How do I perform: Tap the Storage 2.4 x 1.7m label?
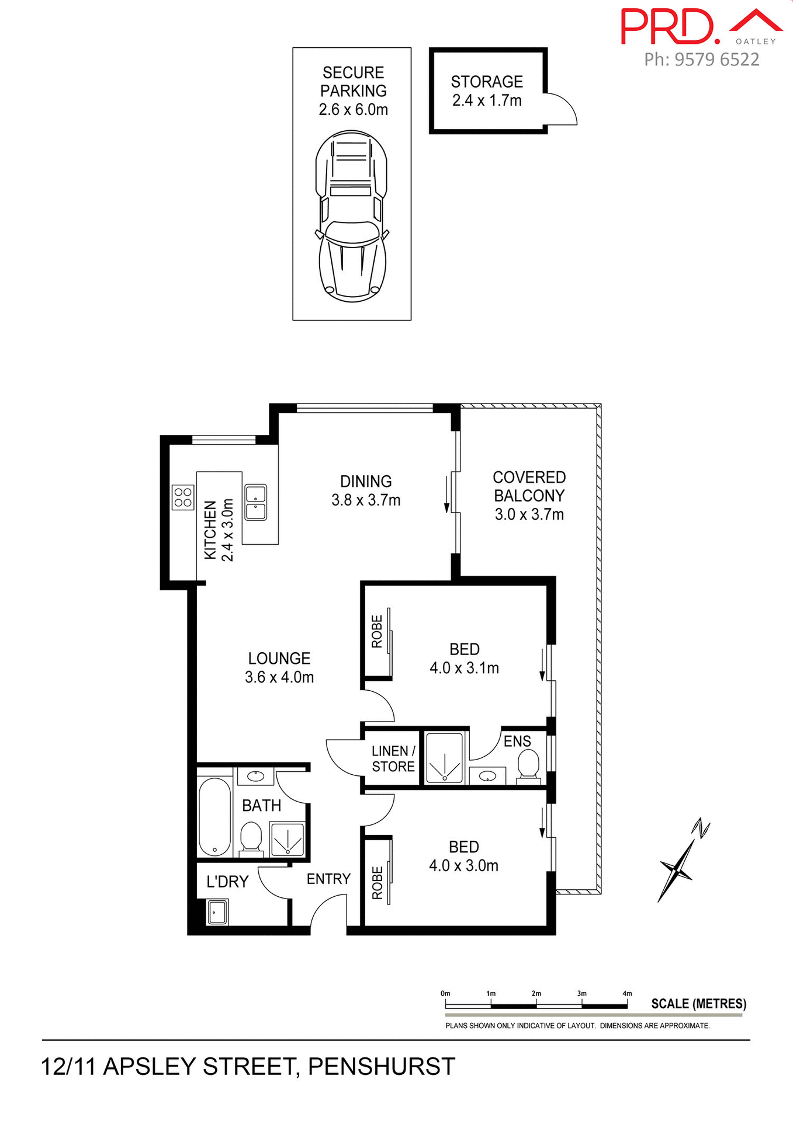coord(487,91)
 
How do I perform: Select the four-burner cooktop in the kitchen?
coord(183,497)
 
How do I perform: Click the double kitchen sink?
coord(256,503)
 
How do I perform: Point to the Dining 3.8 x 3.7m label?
coord(366,490)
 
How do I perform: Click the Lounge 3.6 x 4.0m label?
coord(279,667)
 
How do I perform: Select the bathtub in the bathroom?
coord(214,817)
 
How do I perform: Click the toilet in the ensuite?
coord(528,765)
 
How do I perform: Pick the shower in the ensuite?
coord(445,758)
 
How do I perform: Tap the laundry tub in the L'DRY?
coord(217,911)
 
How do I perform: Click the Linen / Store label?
coord(393,758)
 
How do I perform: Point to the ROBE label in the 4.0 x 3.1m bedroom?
coord(378,631)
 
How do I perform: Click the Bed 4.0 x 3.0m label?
coord(464,856)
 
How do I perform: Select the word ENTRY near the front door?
coord(328,879)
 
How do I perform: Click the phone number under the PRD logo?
coord(701,60)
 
